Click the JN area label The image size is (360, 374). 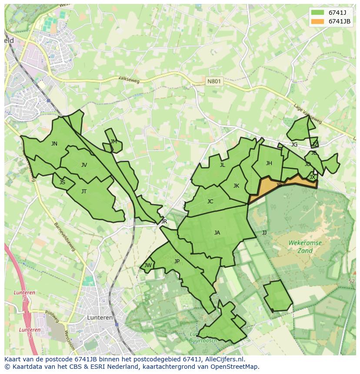point(54,144)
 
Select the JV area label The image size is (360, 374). point(84,165)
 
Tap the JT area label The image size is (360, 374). point(84,191)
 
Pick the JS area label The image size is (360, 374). point(62,182)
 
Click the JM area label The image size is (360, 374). point(113,141)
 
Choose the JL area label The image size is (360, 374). point(223,165)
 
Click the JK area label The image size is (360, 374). point(236,185)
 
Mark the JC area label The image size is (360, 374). point(210,201)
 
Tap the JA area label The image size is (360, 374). point(217,232)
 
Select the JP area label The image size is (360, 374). point(177,261)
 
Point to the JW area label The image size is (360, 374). point(148,265)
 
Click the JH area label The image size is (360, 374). point(269,163)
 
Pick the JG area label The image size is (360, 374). point(294,145)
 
